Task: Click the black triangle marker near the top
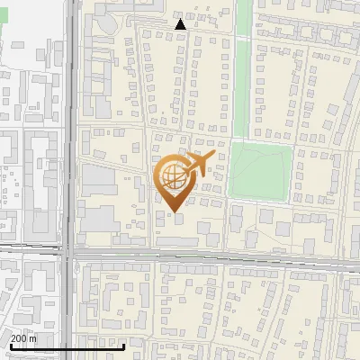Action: point(181,24)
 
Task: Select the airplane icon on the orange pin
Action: point(199,163)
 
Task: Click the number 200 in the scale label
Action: point(19,338)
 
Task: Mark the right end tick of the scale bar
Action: point(123,344)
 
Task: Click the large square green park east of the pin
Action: point(260,171)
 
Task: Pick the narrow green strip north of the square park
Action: point(243,63)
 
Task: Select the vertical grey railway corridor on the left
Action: point(69,135)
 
